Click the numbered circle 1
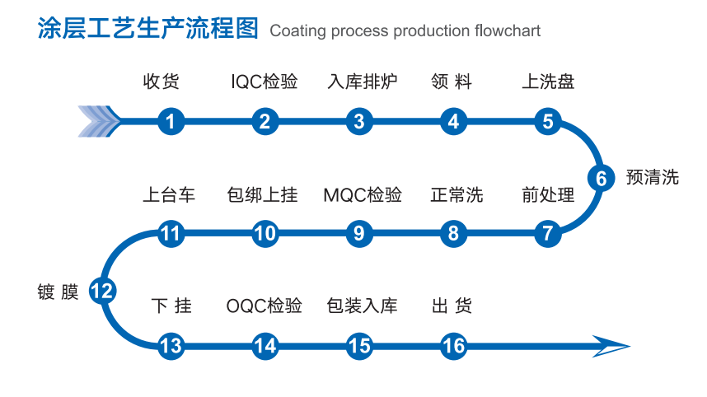tap(170, 122)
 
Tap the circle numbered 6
tap(601, 178)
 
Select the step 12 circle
tap(103, 290)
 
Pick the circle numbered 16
tap(453, 346)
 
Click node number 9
tap(358, 234)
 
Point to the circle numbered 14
tap(265, 346)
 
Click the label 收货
tap(161, 82)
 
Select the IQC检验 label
tap(264, 82)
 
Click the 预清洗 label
tap(653, 177)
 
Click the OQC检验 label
tap(264, 306)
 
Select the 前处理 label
tap(548, 195)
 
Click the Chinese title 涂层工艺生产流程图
tap(148, 29)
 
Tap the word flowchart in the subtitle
tap(508, 31)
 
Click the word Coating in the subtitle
tap(297, 31)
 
